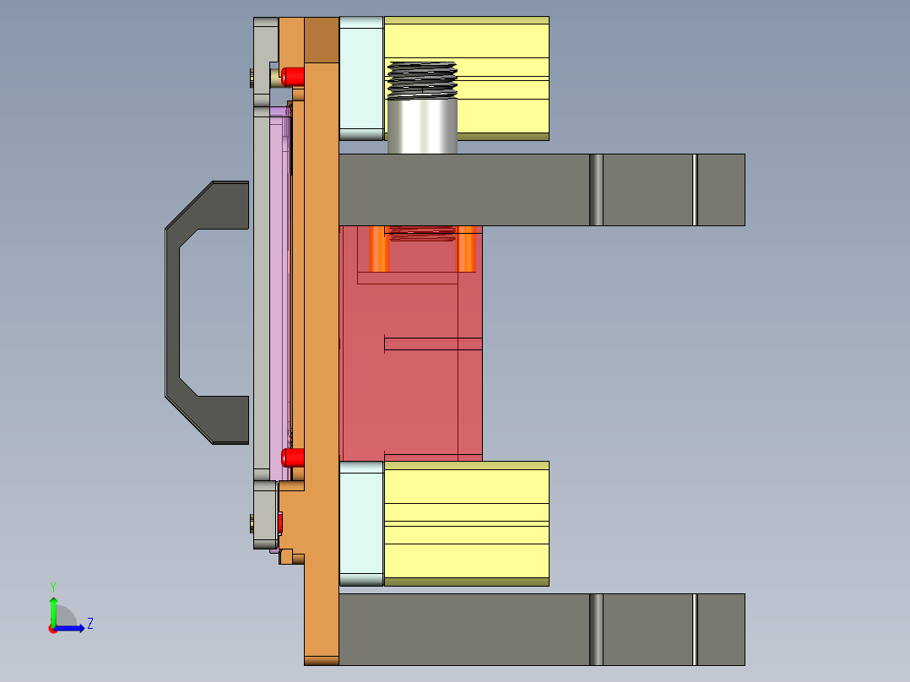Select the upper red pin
tap(293, 76)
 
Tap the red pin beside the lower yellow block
tap(292, 458)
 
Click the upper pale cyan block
tap(361, 78)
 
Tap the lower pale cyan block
tap(361, 523)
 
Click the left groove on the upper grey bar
tap(596, 190)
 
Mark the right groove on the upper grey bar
tap(695, 190)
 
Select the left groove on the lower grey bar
tap(596, 629)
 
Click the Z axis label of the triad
tap(90, 624)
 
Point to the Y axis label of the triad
tap(52, 587)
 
